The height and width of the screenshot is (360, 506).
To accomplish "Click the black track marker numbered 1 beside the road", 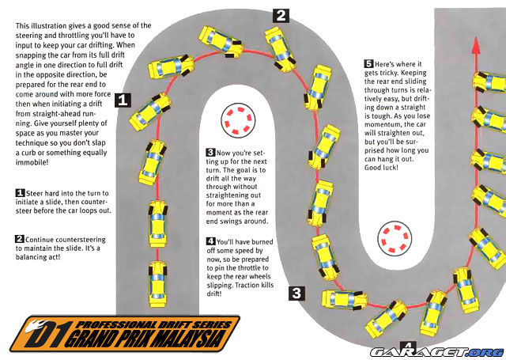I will coord(123,99).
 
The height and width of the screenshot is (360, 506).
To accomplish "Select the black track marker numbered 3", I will coord(295,294).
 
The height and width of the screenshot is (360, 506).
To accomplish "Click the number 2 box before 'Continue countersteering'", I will coord(20,239).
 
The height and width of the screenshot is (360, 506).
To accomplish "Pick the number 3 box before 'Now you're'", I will coord(210,151).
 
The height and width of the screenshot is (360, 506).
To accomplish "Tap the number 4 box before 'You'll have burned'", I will coord(210,241).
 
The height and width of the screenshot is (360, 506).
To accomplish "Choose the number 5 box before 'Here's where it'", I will coord(368,64).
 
